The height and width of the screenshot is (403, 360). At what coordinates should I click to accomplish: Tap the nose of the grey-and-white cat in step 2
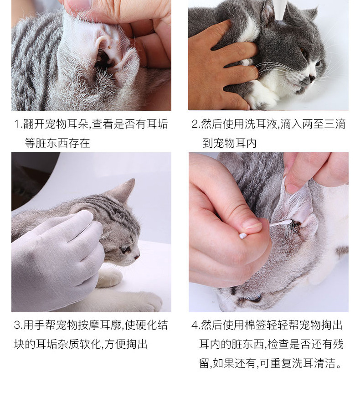[312, 78]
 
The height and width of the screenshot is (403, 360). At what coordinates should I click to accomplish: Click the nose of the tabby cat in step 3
[137, 256]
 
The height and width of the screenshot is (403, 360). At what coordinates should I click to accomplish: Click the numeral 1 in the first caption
[17, 124]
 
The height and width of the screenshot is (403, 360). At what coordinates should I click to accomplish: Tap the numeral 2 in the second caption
[195, 124]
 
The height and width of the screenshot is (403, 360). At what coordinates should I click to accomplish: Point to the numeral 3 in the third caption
[17, 325]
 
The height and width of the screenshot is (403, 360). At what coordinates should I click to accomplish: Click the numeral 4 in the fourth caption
[195, 325]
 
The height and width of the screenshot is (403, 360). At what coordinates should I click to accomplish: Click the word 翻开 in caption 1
[34, 124]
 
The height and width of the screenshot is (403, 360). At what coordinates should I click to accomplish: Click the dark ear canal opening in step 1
[103, 60]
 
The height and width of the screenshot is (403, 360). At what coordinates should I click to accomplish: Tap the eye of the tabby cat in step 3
[125, 249]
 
